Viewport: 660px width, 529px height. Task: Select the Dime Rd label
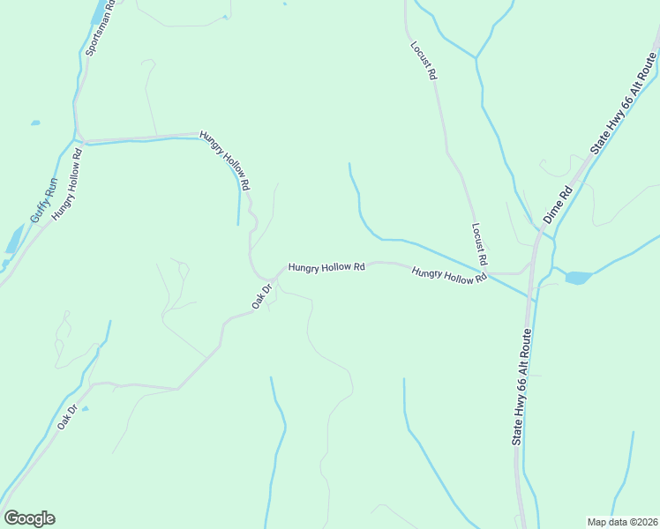[558, 204]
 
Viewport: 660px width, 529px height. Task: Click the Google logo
[29, 518]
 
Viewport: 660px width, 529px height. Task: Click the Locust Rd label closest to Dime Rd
[479, 244]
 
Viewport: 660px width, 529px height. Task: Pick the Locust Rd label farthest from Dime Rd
[423, 61]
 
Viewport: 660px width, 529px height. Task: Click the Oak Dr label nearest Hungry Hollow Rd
[261, 296]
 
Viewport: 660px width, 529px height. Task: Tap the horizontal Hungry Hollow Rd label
[326, 266]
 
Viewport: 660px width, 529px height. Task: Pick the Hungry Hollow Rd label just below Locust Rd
[449, 276]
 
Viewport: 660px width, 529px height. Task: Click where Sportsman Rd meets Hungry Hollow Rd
[79, 138]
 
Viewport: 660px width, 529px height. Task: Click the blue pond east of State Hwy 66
[577, 278]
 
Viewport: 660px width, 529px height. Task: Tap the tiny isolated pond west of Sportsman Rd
[34, 123]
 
